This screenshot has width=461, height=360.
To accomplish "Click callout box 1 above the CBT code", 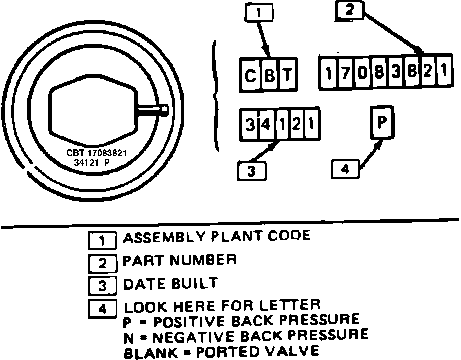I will coord(259,13).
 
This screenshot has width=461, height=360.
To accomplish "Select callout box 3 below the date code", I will coord(251,170).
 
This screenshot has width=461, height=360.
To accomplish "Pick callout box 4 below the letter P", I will coord(345,169).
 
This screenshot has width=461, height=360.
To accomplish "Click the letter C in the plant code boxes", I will coord(250,75).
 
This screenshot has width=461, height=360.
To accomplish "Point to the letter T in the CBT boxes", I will coord(288,75).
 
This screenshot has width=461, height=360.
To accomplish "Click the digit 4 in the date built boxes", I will coord(265,125).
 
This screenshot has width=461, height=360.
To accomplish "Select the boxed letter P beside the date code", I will coord(382,122).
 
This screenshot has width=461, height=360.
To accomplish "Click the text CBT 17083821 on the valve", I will coord(96,153).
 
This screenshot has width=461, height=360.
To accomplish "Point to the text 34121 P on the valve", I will coord(92,163).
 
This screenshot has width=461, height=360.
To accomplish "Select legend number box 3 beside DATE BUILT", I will coord(102,286).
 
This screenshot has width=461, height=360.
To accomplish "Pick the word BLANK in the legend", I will coord(150,352).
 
